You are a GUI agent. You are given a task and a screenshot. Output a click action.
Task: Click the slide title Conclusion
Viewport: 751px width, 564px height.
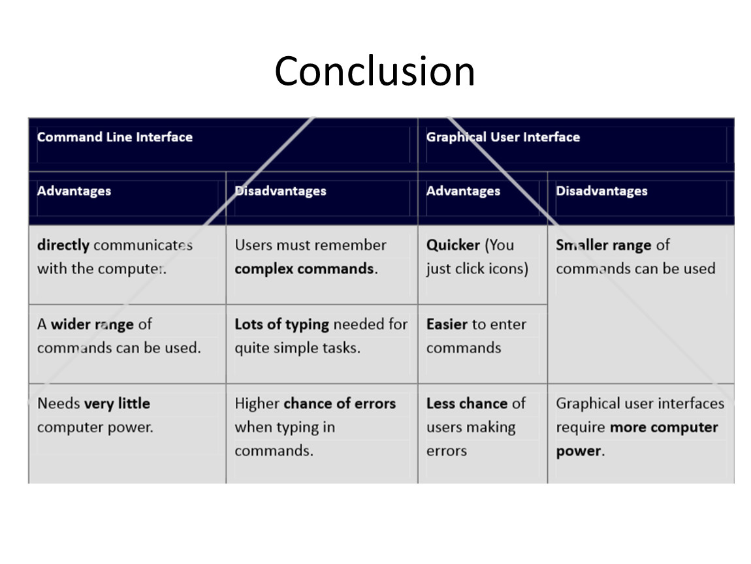(x=375, y=71)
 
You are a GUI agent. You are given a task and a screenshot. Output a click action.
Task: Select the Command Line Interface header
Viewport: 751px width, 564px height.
(x=115, y=137)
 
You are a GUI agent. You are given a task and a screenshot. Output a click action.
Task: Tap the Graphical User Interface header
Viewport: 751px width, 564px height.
(x=503, y=137)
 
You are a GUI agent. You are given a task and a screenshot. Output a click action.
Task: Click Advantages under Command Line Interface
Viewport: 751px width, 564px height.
(x=74, y=191)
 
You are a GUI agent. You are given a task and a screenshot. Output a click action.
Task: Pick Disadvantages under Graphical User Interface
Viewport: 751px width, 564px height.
(x=601, y=191)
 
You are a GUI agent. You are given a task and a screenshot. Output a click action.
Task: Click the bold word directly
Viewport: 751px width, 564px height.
(x=63, y=245)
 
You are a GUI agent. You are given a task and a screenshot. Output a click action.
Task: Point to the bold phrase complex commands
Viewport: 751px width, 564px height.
(x=304, y=269)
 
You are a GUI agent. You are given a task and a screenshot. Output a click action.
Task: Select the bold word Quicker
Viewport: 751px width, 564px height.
(x=453, y=245)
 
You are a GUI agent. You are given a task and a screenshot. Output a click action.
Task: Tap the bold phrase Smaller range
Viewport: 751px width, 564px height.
(x=603, y=245)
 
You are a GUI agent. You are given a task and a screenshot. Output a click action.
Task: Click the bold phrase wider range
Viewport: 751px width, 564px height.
(x=93, y=324)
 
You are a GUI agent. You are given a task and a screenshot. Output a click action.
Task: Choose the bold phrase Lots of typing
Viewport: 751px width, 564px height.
(x=281, y=324)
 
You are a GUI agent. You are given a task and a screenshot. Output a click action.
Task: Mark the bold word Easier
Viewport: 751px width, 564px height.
(x=447, y=324)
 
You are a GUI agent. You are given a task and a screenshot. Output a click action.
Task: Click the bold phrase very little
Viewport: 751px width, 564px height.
(x=117, y=403)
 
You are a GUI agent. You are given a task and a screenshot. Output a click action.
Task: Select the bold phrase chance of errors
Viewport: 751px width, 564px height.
(x=340, y=403)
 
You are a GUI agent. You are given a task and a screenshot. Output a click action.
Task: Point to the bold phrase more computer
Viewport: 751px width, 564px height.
(x=664, y=428)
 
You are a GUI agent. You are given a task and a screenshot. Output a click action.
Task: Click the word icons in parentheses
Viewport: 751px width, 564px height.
(x=509, y=269)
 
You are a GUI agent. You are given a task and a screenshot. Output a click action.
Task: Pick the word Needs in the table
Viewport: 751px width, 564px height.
(x=58, y=403)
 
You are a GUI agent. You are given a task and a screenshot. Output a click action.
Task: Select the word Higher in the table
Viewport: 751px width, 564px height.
(x=257, y=404)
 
